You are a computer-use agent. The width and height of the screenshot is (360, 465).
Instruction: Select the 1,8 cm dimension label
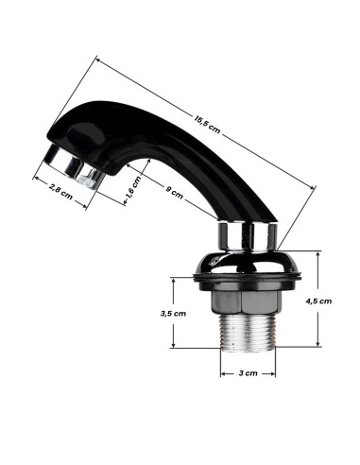click(133, 191)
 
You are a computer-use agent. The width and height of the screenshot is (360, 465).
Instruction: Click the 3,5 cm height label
click(173, 312)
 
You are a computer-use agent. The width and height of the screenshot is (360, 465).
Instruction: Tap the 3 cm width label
click(249, 372)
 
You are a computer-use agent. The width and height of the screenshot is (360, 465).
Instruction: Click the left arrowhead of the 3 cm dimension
click(224, 372)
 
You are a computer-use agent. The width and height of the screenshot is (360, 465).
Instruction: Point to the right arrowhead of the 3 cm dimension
click(272, 372)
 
